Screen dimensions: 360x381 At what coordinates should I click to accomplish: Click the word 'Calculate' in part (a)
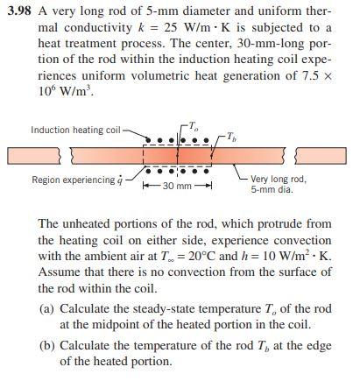pyautogui.click(x=89, y=310)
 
